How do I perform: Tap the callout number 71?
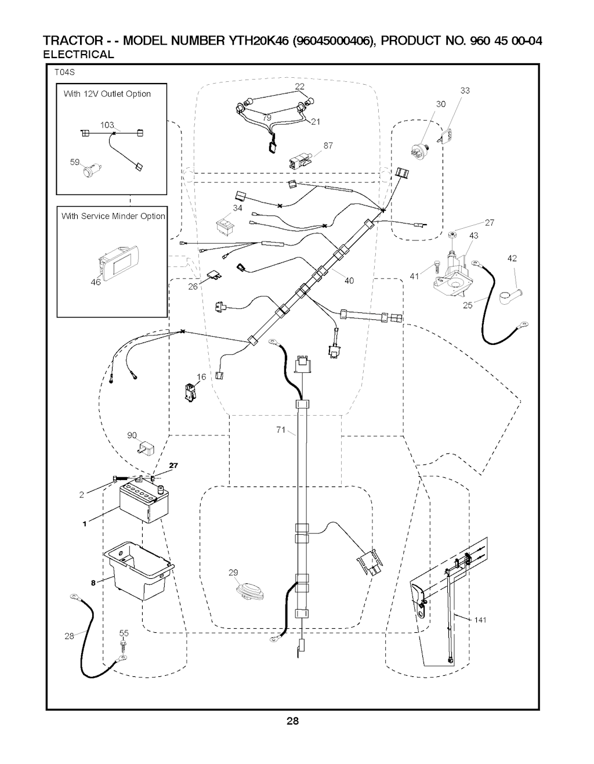[281, 430]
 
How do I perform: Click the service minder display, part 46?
[119, 261]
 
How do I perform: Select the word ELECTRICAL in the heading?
[79, 55]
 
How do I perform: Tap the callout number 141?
[480, 620]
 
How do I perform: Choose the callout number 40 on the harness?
[349, 281]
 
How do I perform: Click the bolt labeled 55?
[123, 645]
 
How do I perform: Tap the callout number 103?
[107, 125]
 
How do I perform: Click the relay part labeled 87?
[300, 159]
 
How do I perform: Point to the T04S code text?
[65, 73]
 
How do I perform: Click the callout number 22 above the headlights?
[299, 87]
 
